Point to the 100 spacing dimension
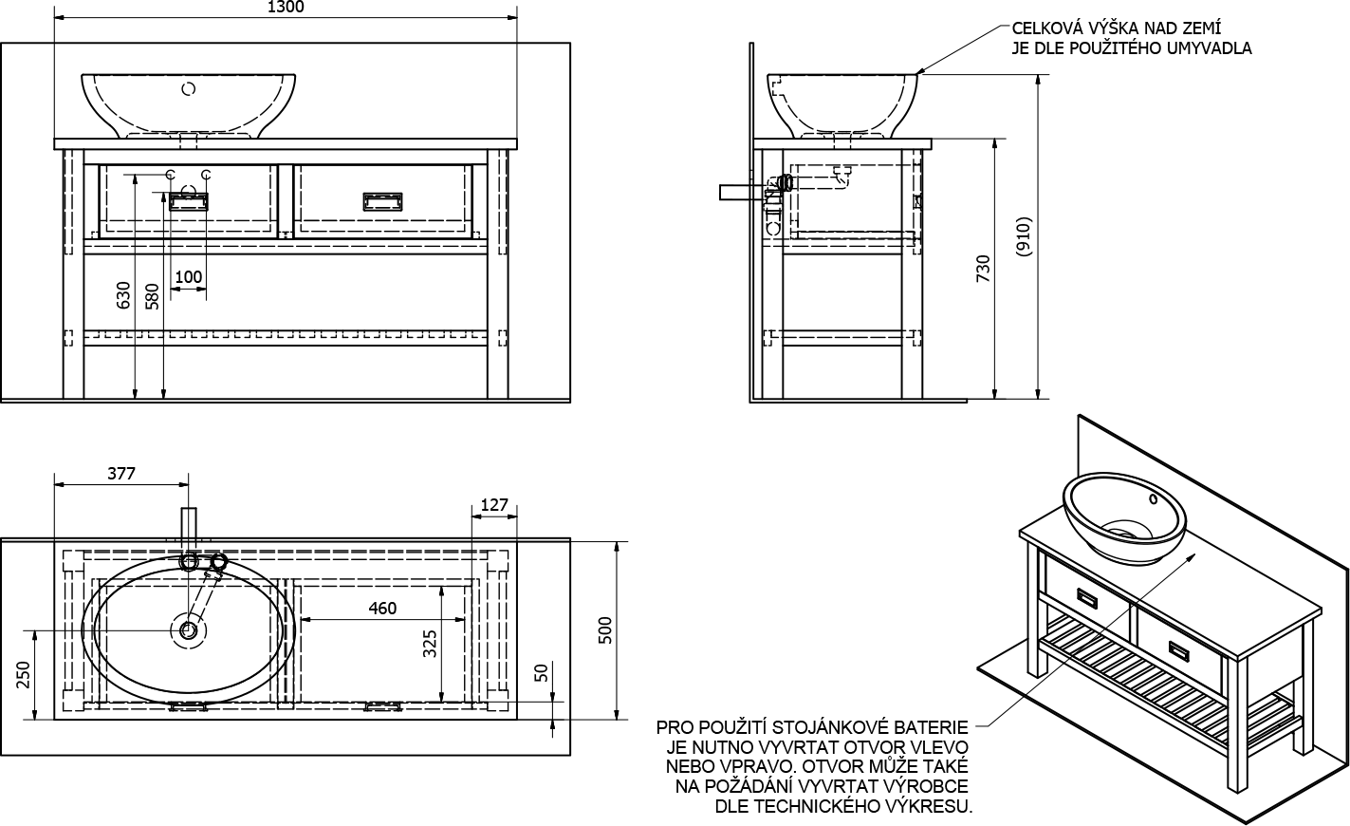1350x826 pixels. point(189,277)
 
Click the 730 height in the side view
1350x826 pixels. point(983,269)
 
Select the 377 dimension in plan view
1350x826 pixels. point(121,474)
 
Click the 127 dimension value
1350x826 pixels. point(494,504)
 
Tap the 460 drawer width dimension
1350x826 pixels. point(381,609)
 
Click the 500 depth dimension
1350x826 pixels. point(607,630)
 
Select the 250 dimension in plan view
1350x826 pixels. point(25,675)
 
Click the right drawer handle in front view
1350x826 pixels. point(383,200)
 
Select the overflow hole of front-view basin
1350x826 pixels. point(188,89)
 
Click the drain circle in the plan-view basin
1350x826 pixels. point(188,629)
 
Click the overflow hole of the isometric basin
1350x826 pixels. point(1153,497)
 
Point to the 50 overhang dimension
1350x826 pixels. point(542,672)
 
